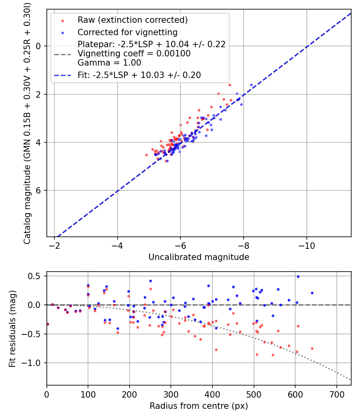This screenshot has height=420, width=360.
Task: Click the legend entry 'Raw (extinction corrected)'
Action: point(132,20)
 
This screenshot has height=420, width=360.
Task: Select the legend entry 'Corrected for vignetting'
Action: point(127,32)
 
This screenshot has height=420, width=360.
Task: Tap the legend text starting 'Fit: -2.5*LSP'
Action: point(139,75)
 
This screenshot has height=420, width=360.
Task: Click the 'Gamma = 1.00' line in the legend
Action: point(109,62)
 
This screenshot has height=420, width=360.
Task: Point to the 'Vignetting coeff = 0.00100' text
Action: point(134,54)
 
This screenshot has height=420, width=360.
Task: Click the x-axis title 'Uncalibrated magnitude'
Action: point(199,257)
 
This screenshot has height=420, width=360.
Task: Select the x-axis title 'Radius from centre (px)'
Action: point(199,406)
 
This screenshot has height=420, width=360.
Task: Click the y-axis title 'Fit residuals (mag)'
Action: point(12,328)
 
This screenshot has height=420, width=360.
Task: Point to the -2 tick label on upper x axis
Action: point(55,244)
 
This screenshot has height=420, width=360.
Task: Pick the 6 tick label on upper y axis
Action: point(39,190)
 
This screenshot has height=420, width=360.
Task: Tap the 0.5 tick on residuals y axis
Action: point(37,276)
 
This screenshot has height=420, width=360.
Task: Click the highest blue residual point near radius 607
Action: point(298,276)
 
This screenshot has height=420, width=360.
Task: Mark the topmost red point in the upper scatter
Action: point(230,85)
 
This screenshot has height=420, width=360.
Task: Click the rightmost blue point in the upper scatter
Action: point(251,85)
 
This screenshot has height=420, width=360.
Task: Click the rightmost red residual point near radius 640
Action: point(312,348)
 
